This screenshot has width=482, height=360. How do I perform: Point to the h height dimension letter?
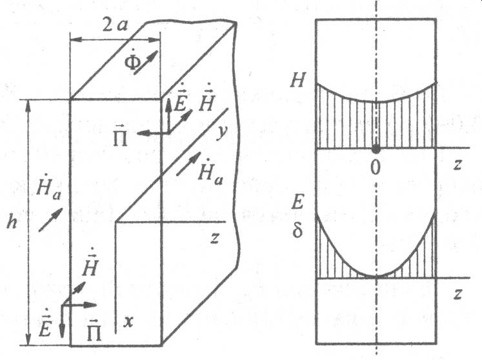coord(10,221)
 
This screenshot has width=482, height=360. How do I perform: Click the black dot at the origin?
coord(376,150)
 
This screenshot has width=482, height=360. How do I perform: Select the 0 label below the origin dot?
coord(376,166)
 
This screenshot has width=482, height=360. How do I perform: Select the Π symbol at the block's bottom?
coord(94,332)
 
